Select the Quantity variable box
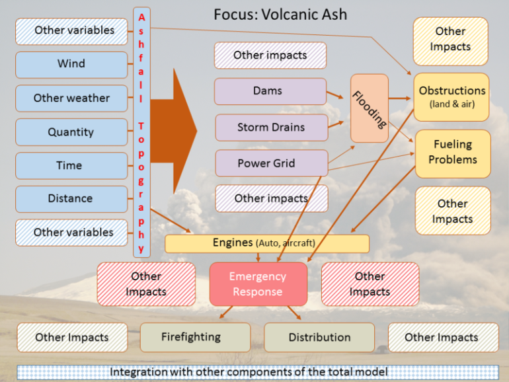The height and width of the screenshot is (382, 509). pyautogui.click(x=71, y=132)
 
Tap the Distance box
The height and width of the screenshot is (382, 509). pyautogui.click(x=71, y=199)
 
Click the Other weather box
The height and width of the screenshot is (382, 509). pyautogui.click(x=71, y=98)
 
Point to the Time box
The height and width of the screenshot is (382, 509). pyautogui.click(x=71, y=165)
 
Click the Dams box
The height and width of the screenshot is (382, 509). pyautogui.click(x=270, y=91)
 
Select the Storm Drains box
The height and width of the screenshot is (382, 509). pyautogui.click(x=272, y=128)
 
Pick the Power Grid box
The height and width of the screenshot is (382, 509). pyautogui.click(x=272, y=163)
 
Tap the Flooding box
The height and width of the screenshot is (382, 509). pyautogui.click(x=370, y=108)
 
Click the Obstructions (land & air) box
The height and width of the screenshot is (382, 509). pyautogui.click(x=451, y=97)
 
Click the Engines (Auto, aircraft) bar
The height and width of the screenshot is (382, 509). pyautogui.click(x=267, y=244)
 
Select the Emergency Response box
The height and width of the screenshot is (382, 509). pyautogui.click(x=258, y=284)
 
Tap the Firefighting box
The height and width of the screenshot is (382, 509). pyautogui.click(x=196, y=337)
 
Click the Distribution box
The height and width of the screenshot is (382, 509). pyautogui.click(x=319, y=338)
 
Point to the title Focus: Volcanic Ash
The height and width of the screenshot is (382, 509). pyautogui.click(x=280, y=15)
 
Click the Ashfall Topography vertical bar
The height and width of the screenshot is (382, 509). pyautogui.click(x=141, y=132)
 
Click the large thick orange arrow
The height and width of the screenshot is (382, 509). pyautogui.click(x=174, y=131)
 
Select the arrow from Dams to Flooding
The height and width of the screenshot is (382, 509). pyautogui.click(x=335, y=95)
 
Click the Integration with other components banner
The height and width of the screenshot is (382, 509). pyautogui.click(x=258, y=372)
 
